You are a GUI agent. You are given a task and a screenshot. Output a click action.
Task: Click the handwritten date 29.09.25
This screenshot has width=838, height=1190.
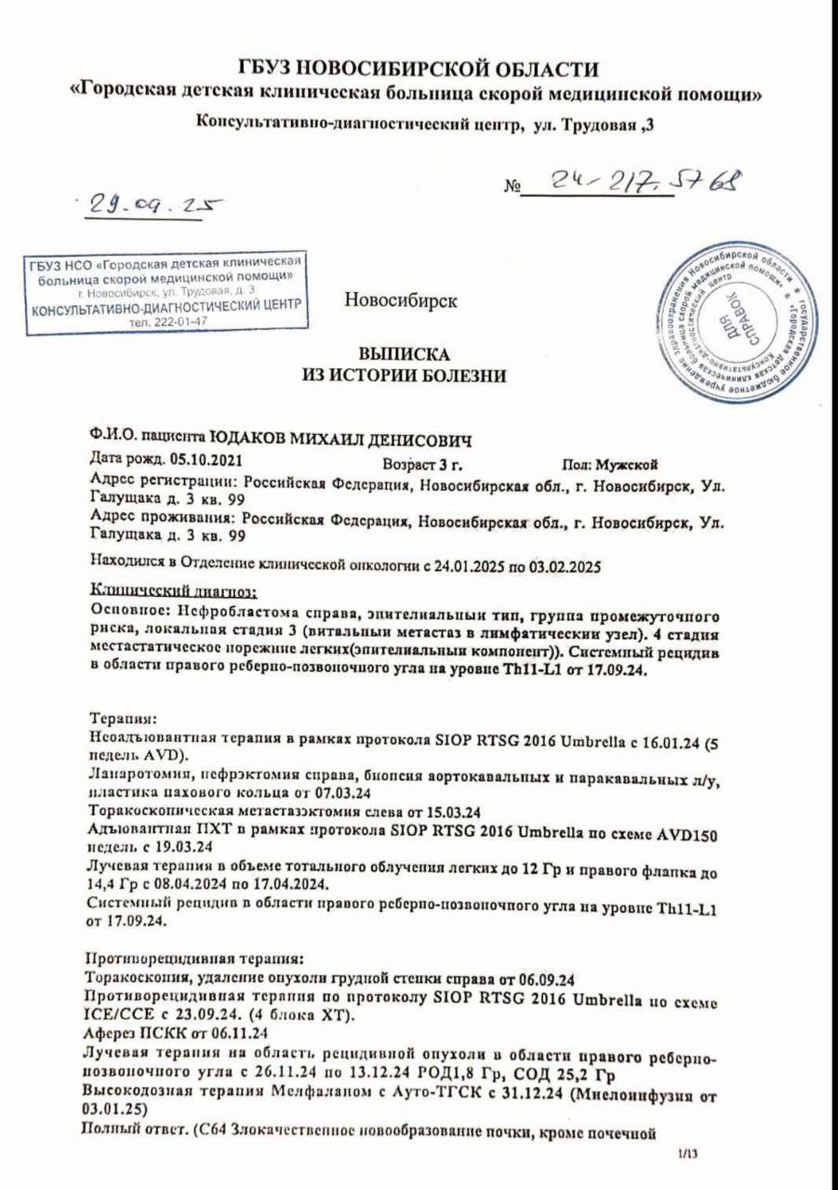149,204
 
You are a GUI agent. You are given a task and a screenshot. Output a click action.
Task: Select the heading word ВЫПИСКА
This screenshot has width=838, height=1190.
405,355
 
